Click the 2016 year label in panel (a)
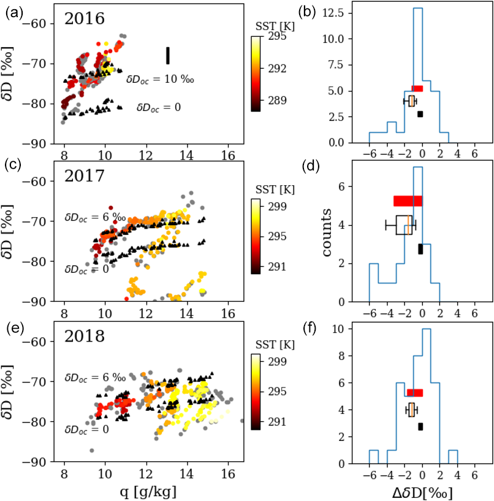(x=85, y=18)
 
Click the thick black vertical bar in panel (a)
(x=167, y=55)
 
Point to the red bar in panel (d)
(x=408, y=201)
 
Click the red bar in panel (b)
(x=417, y=88)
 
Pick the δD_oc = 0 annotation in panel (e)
(x=87, y=429)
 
